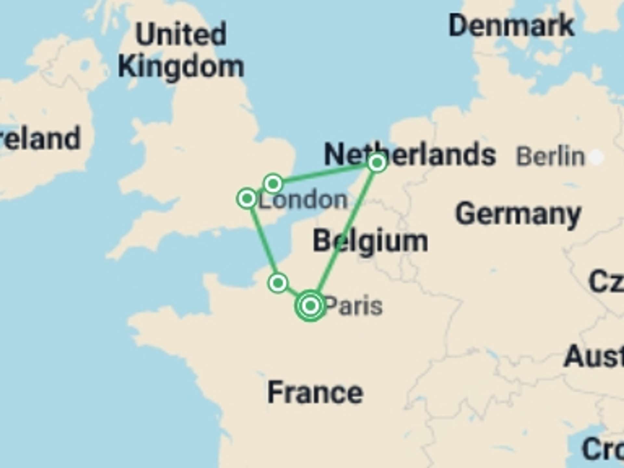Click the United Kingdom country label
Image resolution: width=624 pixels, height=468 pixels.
[181, 50]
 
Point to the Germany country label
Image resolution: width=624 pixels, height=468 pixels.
[518, 214]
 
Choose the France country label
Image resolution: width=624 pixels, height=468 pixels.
[315, 393]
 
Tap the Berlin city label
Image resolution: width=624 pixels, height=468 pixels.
[550, 157]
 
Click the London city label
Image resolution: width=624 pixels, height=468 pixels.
[303, 200]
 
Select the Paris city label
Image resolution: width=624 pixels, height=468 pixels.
[353, 306]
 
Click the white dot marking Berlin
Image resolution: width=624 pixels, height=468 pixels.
[596, 157]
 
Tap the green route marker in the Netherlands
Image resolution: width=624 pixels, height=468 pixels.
[377, 162]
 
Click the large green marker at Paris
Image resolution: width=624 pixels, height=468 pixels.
[310, 305]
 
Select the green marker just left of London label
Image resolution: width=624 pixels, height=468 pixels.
[247, 198]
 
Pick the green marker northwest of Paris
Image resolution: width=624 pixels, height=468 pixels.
[278, 283]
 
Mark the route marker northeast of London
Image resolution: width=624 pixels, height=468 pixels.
[273, 184]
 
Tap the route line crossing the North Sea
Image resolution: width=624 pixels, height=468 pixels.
[325, 173]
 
